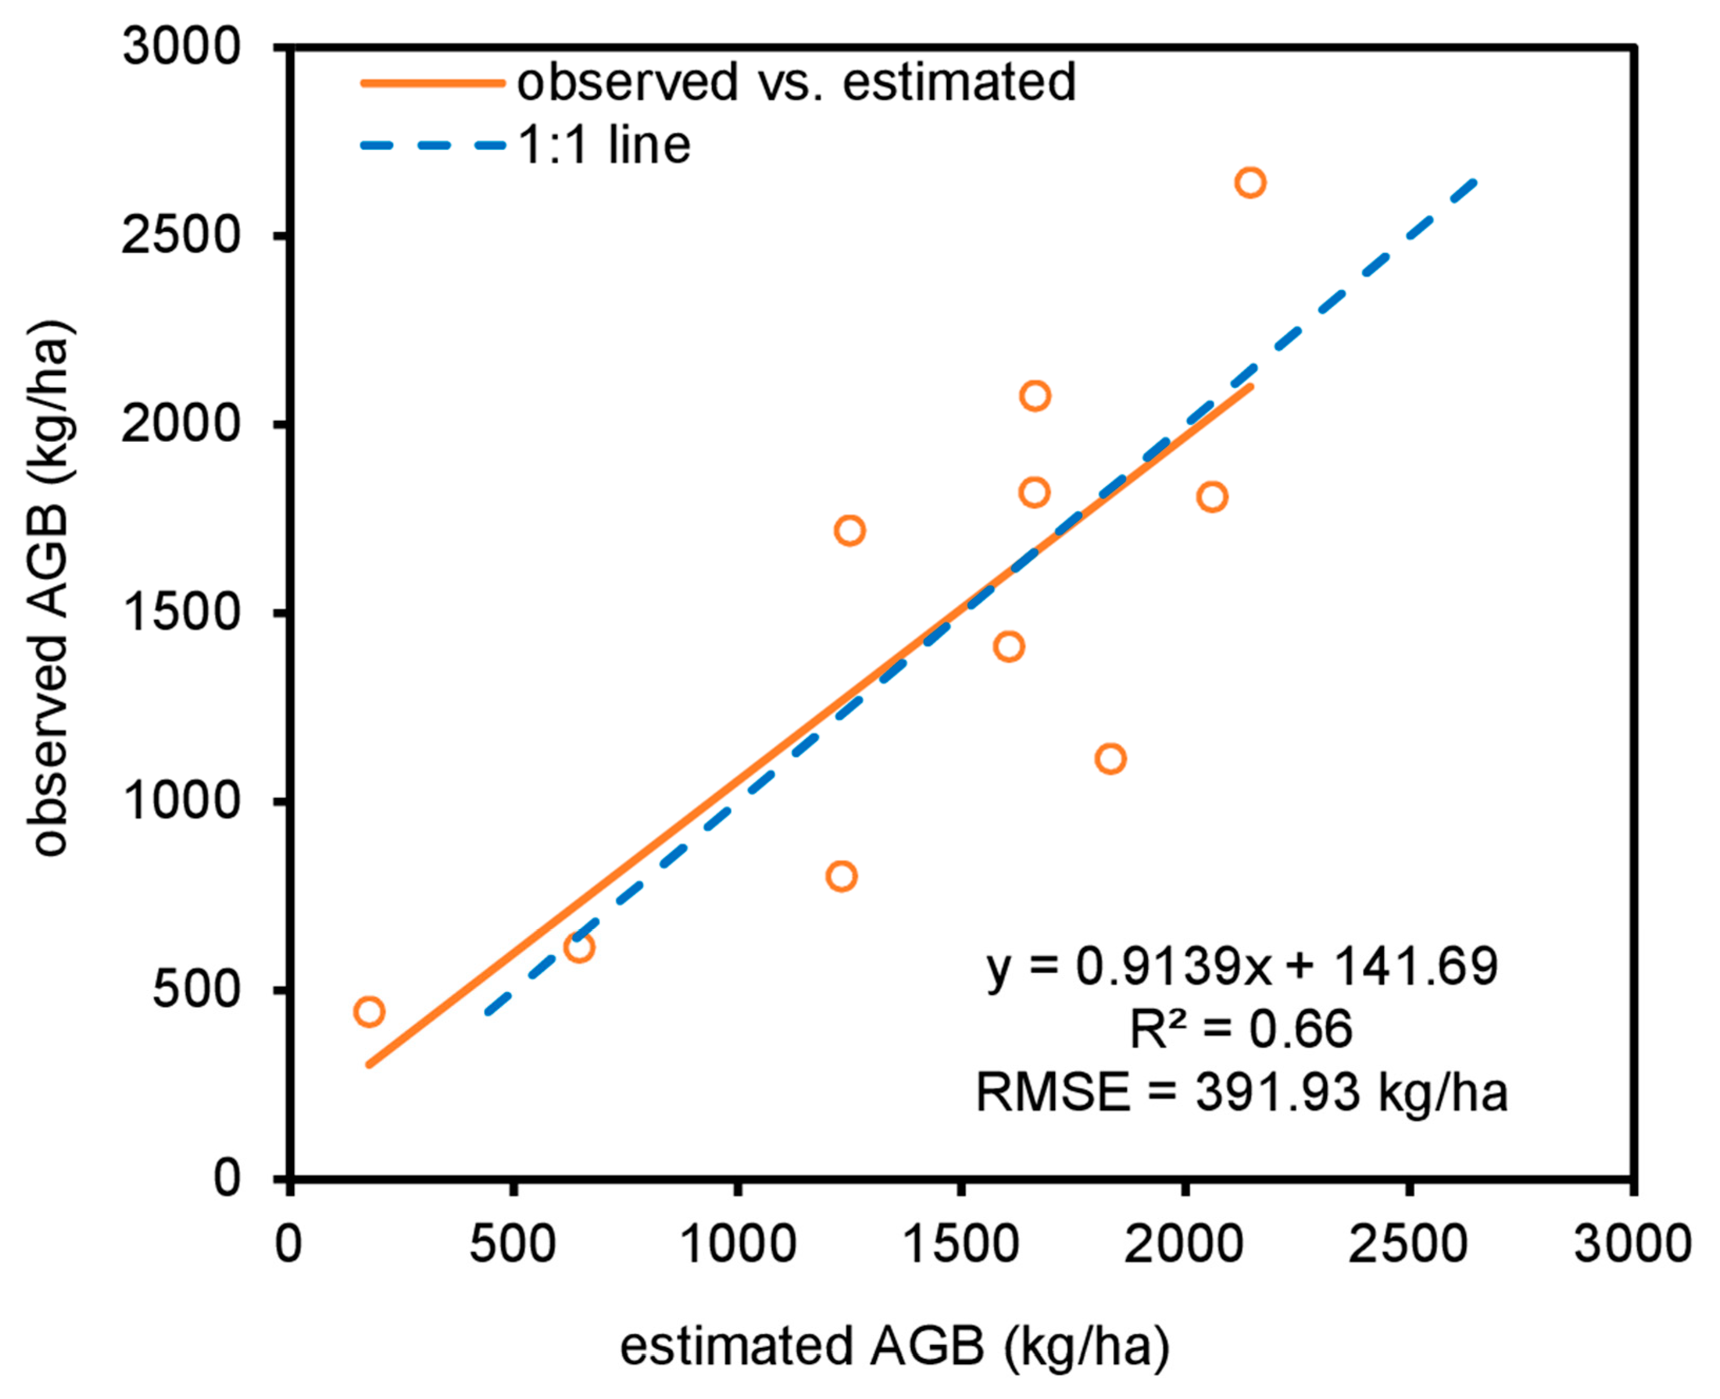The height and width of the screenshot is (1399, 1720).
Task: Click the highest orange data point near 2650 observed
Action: coord(1249,183)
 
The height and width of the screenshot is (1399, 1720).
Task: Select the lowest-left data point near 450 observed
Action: coord(369,1012)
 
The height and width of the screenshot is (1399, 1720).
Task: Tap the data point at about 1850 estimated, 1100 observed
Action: coord(1110,759)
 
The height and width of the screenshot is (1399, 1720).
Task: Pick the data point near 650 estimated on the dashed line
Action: coord(579,947)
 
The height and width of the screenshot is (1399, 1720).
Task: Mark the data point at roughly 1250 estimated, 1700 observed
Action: coord(849,530)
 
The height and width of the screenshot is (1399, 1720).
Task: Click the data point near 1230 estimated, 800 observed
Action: coord(841,876)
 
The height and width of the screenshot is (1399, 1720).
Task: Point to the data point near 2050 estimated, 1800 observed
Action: coord(1211,497)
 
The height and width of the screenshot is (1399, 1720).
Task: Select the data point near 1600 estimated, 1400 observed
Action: coord(1009,646)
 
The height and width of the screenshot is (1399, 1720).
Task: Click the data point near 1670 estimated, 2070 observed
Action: coord(1034,396)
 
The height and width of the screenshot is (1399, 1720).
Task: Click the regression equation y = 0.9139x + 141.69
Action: coord(1242,966)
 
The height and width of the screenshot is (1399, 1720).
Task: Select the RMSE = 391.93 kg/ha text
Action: coord(1242,1093)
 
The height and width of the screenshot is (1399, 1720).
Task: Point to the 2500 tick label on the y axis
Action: coord(181,236)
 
